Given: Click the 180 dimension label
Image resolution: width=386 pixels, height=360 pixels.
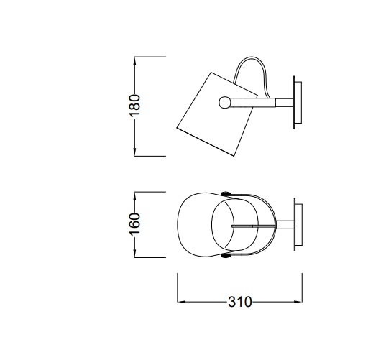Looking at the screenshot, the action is (x=134, y=106).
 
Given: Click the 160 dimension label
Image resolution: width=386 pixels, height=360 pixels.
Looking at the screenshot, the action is (x=134, y=224).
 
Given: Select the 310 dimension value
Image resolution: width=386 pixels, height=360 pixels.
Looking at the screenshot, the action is (x=240, y=302).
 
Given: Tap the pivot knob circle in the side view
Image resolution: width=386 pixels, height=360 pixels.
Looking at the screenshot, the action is (x=224, y=102).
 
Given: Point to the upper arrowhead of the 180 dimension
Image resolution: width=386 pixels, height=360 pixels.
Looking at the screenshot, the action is (x=134, y=61).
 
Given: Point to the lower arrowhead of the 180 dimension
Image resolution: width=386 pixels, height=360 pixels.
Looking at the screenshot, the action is (x=134, y=152).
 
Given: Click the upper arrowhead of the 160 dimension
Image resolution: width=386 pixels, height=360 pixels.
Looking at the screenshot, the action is (x=134, y=196).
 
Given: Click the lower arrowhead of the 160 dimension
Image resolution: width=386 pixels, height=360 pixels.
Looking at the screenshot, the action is (x=134, y=253).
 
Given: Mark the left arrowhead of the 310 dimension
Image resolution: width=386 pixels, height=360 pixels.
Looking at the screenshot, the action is (x=181, y=302).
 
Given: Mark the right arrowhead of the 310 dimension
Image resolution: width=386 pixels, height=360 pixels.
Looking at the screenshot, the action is (x=298, y=302).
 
